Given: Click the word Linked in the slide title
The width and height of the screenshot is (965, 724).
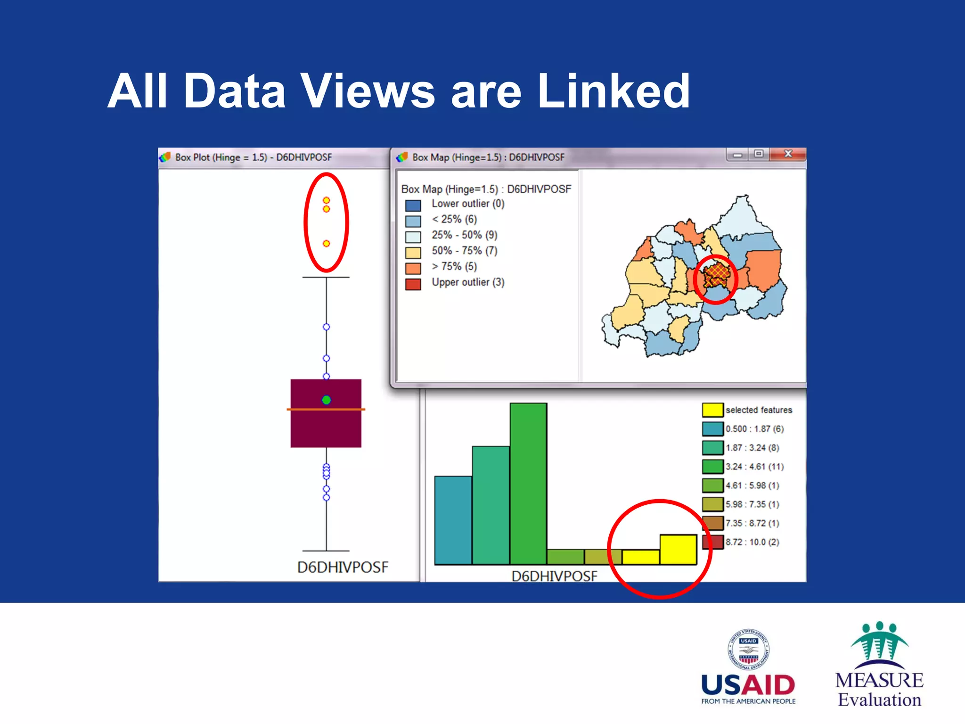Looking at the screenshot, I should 613,91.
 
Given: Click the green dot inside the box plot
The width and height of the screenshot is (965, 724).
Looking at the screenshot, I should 326,400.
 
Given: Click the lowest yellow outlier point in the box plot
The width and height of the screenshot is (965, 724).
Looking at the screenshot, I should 326,244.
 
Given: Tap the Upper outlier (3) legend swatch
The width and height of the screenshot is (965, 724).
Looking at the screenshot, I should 413,284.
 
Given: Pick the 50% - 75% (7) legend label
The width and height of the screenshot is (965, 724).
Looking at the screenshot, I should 464,251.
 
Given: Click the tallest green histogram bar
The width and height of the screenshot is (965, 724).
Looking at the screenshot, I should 528,483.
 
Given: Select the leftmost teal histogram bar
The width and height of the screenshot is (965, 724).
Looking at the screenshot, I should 453,520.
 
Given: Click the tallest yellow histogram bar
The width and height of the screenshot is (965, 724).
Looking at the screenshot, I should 678,549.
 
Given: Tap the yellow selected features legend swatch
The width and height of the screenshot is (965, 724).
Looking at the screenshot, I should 712,410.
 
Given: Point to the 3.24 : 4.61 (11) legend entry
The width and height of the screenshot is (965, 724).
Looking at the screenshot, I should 754,467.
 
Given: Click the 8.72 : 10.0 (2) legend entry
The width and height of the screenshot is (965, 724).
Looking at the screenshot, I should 752,542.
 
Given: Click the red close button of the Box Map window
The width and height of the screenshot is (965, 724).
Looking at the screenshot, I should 788,154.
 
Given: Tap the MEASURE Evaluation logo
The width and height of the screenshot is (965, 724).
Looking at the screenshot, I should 879,665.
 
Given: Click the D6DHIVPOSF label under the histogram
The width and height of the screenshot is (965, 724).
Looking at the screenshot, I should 554,576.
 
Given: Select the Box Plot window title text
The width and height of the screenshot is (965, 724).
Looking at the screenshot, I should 254,157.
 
